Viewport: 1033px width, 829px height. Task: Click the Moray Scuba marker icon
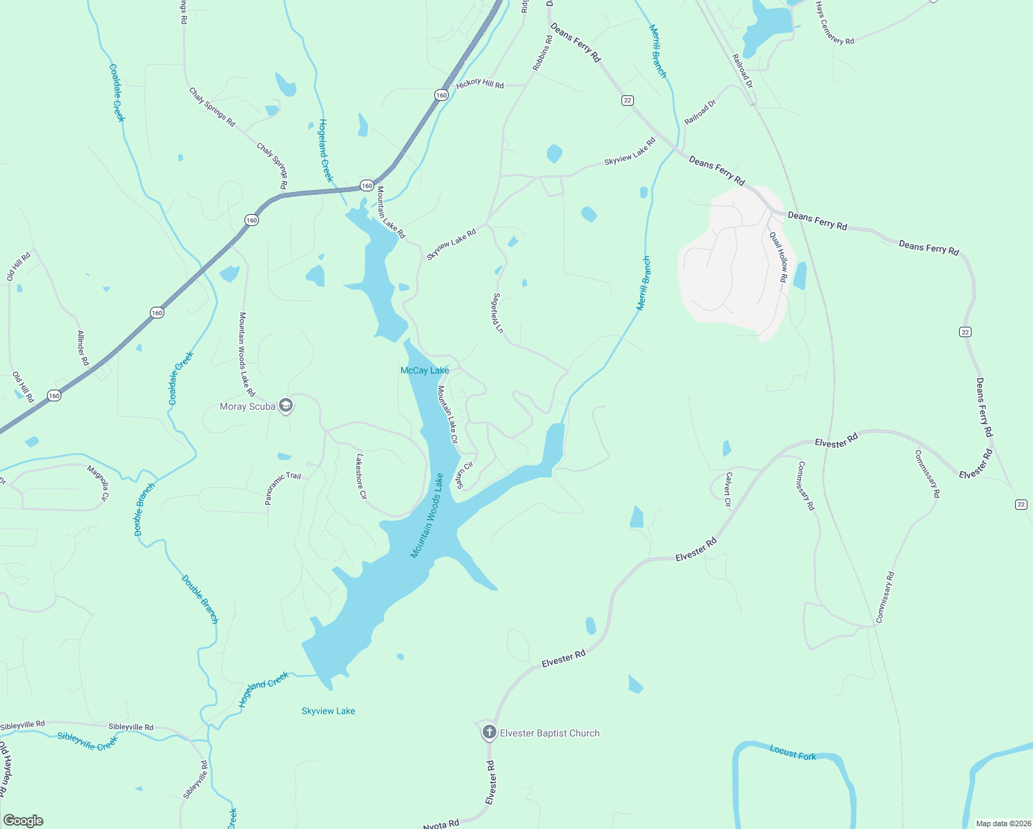click(x=286, y=406)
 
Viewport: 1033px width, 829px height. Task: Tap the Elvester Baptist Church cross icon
click(x=489, y=732)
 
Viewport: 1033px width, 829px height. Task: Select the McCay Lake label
click(x=425, y=371)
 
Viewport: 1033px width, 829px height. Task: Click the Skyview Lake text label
click(x=328, y=711)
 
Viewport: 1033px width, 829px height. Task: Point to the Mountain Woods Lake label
click(x=427, y=515)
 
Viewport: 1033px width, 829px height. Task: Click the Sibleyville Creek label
click(x=88, y=741)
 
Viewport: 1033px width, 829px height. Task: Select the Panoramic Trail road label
click(x=284, y=488)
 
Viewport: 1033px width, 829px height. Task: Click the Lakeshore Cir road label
click(x=360, y=477)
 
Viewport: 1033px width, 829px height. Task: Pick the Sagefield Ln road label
click(x=497, y=314)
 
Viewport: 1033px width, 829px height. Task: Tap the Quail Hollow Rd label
click(x=779, y=256)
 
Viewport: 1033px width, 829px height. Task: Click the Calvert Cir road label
click(x=728, y=489)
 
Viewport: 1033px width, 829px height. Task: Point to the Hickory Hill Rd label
click(x=480, y=84)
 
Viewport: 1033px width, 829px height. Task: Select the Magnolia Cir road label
click(x=98, y=483)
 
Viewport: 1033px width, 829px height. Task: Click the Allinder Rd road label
click(x=83, y=348)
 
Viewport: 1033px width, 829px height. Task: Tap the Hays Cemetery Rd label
click(x=834, y=23)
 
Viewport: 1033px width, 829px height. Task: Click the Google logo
click(x=23, y=821)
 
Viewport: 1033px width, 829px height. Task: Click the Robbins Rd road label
click(x=543, y=53)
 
